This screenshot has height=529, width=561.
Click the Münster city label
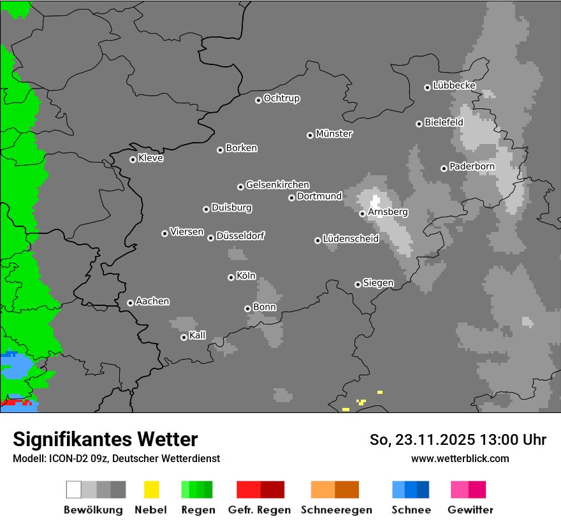point(333,134)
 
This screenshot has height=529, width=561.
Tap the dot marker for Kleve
point(133,159)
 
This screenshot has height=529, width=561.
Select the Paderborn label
point(472,166)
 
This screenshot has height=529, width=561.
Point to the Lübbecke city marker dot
point(427,87)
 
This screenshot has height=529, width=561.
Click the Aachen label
point(152,301)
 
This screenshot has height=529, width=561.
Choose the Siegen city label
point(378,283)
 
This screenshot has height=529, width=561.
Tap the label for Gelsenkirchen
point(277,185)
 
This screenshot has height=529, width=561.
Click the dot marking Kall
point(184,337)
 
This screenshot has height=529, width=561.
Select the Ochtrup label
point(282,98)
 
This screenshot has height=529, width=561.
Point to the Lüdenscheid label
point(351,239)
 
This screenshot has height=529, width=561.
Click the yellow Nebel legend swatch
point(151,489)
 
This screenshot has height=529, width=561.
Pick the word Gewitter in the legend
point(470,510)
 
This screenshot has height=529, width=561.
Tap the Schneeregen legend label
point(337,510)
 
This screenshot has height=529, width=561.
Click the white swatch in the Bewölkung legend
point(74,489)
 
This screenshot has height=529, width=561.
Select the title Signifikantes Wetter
point(105,439)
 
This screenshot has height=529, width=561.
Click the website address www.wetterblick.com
point(460,458)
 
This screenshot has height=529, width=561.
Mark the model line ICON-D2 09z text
point(116,458)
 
